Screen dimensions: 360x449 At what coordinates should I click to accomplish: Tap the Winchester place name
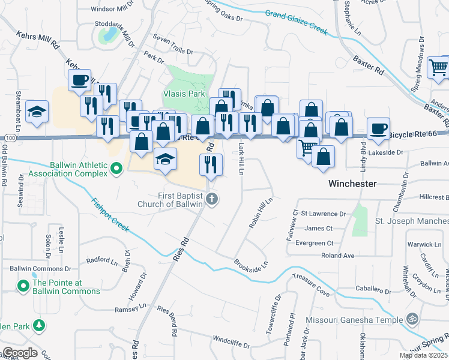tap(352, 184)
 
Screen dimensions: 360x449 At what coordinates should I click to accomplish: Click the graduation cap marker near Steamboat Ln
tap(37, 112)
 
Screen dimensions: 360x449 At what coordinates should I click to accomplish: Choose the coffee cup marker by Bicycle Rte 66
tap(378, 128)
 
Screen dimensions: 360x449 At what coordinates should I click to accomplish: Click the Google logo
tap(19, 353)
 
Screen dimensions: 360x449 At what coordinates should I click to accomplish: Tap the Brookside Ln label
tap(250, 264)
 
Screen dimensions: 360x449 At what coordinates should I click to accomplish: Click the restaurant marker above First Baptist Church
tap(211, 164)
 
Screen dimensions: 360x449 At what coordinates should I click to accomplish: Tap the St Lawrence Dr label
tap(324, 213)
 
